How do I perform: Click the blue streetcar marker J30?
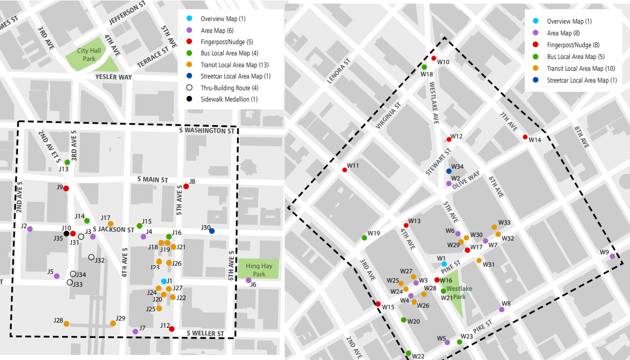(212, 231)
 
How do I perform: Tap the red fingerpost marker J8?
(186, 187)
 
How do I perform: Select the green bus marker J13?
(67, 163)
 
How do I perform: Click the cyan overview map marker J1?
(164, 281)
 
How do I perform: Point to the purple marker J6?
(248, 281)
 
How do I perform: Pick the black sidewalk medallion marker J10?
(66, 234)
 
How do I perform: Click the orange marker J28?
(66, 324)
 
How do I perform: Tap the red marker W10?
(434, 58)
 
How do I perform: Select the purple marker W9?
(612, 256)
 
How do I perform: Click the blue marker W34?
(449, 171)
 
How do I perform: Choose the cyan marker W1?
(444, 264)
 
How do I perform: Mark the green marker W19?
(364, 238)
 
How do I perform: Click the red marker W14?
(525, 137)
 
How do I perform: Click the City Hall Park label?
(86, 54)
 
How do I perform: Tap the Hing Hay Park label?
(259, 270)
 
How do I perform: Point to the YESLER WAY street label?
(113, 77)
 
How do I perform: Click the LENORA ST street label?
(338, 71)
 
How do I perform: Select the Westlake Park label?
(452, 293)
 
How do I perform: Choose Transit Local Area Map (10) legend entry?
(581, 68)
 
